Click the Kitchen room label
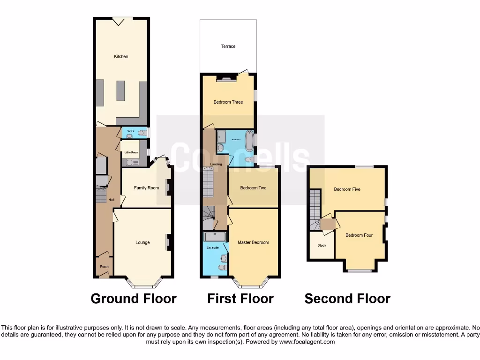click(x=121, y=57)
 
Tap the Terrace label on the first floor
click(x=228, y=46)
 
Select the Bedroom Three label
click(x=228, y=102)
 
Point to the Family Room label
click(x=146, y=188)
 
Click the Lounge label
click(x=142, y=242)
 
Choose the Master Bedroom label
click(x=253, y=242)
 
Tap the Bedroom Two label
click(x=253, y=188)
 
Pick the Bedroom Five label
click(x=347, y=189)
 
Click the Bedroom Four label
click(x=359, y=235)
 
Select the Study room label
click(x=322, y=246)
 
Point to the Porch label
click(x=104, y=267)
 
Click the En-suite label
click(x=212, y=247)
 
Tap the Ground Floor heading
click(x=134, y=299)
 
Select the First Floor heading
click(x=240, y=299)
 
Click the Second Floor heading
click(x=347, y=299)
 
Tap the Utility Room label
click(x=130, y=153)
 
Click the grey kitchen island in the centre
click(x=121, y=90)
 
